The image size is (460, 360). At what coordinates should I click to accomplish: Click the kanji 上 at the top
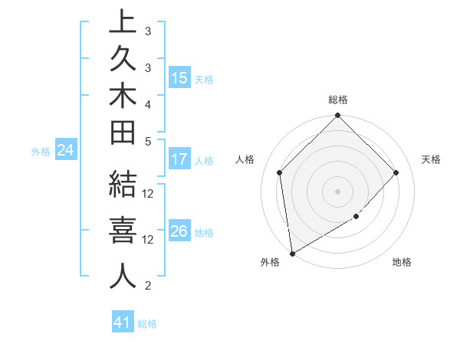[x=123, y=22]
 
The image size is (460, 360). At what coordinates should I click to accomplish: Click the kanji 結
[x=123, y=187]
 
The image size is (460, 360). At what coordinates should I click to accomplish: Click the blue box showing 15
[x=179, y=78]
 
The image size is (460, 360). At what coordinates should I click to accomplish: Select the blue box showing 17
[x=179, y=160]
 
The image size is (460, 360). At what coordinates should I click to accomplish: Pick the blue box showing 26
[x=179, y=231]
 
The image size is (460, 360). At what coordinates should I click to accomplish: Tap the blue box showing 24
[x=66, y=150]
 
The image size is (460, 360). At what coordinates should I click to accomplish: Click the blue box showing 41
[x=123, y=323]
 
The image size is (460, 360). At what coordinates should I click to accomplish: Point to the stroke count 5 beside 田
[x=148, y=141]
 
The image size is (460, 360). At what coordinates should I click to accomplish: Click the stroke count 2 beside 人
[x=148, y=286]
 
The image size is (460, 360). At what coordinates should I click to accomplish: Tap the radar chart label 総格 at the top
[x=338, y=100]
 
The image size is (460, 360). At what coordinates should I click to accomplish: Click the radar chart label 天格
[x=431, y=159]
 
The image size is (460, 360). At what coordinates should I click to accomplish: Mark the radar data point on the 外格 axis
[x=292, y=254]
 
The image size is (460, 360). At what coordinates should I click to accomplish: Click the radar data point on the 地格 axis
[x=356, y=217]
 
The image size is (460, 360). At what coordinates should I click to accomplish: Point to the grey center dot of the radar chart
[x=338, y=191]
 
